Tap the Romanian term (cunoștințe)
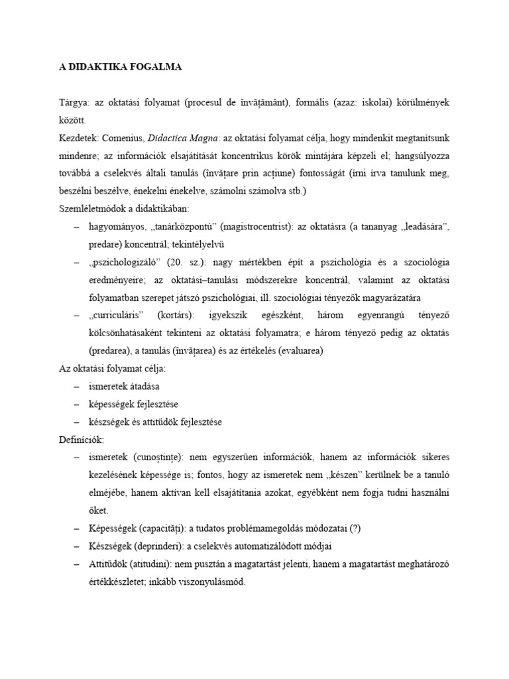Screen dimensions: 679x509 162,457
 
